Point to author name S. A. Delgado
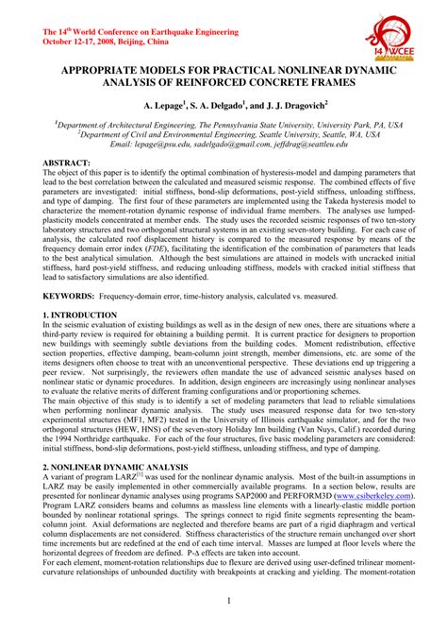221,107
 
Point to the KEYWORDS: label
72,296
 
